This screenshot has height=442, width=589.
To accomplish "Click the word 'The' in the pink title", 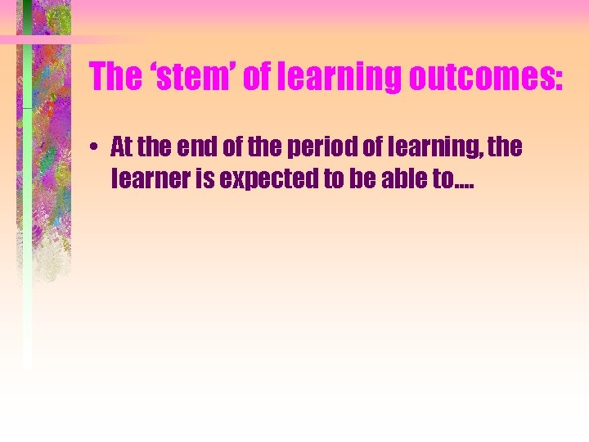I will (115, 77).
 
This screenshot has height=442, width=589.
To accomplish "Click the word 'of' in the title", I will (264, 77).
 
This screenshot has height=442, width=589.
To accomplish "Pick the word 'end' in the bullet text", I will (192, 148).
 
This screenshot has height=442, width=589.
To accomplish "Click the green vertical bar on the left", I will (27, 246).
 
